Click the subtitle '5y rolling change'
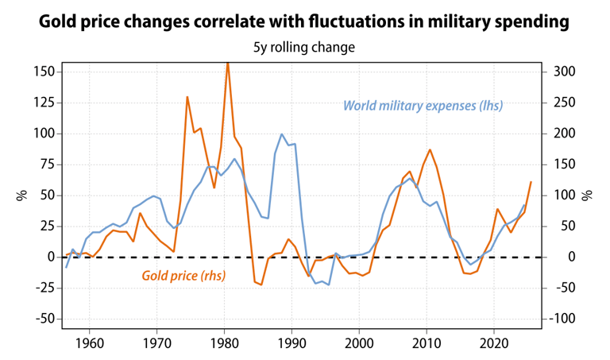[304, 48]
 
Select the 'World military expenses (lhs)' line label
[423, 105]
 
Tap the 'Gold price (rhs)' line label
[183, 276]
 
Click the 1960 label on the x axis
[89, 346]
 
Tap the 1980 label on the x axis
[224, 346]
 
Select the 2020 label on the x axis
[494, 346]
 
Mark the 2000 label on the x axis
[359, 346]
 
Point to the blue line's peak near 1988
[281, 134]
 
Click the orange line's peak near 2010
[430, 149]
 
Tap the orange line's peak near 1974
[187, 97]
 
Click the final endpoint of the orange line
[531, 182]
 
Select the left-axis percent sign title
[21, 195]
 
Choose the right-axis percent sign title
[589, 195]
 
